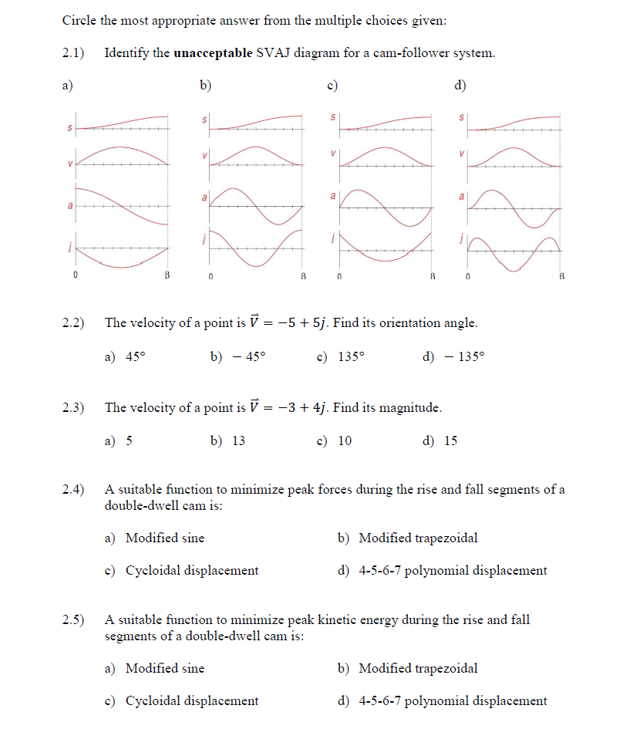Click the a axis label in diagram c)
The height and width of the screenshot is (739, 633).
pyautogui.click(x=333, y=197)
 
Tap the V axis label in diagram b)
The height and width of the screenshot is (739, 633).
pyautogui.click(x=204, y=155)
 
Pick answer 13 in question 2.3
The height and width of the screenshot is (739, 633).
pyautogui.click(x=238, y=440)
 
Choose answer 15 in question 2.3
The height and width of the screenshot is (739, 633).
pyautogui.click(x=450, y=440)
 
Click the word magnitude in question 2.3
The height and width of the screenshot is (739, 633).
pyautogui.click(x=409, y=407)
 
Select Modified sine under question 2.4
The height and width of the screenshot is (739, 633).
pyautogui.click(x=164, y=538)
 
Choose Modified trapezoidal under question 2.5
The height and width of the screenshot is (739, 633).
pyautogui.click(x=418, y=668)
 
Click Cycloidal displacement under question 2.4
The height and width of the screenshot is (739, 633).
pyautogui.click(x=191, y=571)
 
